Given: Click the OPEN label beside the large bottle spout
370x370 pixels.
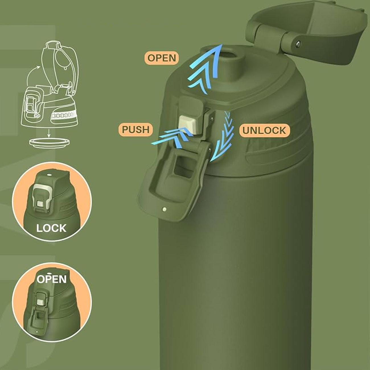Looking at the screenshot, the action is pos(162,58).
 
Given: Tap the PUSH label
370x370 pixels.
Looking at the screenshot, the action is pos(136,129).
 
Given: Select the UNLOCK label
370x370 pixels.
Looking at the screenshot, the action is pos(264,130).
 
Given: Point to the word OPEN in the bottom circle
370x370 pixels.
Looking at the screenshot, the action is pos(52,279).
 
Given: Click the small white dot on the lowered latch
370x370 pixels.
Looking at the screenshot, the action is pos(164,209).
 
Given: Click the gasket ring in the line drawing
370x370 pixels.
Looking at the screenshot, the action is pos(49,143).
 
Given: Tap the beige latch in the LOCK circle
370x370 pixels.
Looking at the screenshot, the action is pos(41,198).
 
